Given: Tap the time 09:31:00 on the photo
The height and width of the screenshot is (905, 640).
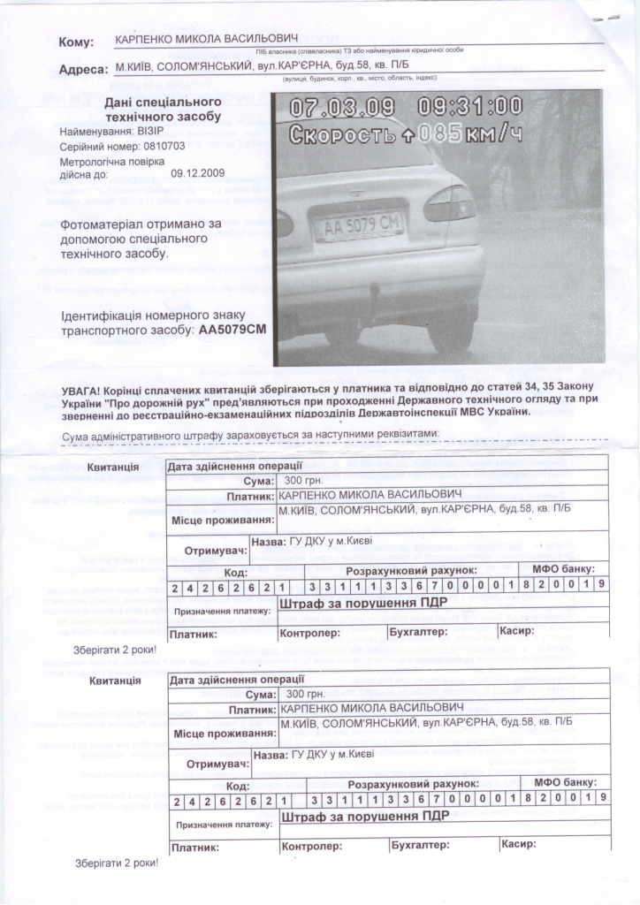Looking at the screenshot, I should click(470, 107).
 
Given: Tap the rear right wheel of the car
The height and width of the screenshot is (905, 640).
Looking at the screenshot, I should click(450, 326).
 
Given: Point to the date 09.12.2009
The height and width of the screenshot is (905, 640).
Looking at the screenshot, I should click(198, 174).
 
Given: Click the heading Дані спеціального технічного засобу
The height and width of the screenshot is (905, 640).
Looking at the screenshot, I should click(157, 110).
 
